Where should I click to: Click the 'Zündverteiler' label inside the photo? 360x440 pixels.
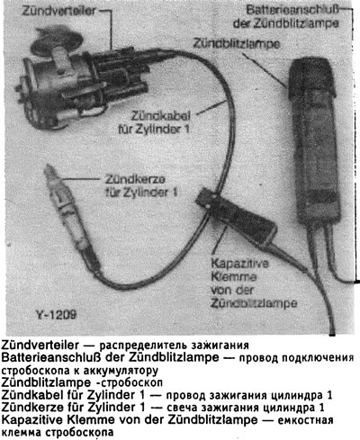(37, 10)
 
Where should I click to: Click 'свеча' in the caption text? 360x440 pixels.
(184, 408)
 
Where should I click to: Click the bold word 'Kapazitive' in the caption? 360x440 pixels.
(36, 420)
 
